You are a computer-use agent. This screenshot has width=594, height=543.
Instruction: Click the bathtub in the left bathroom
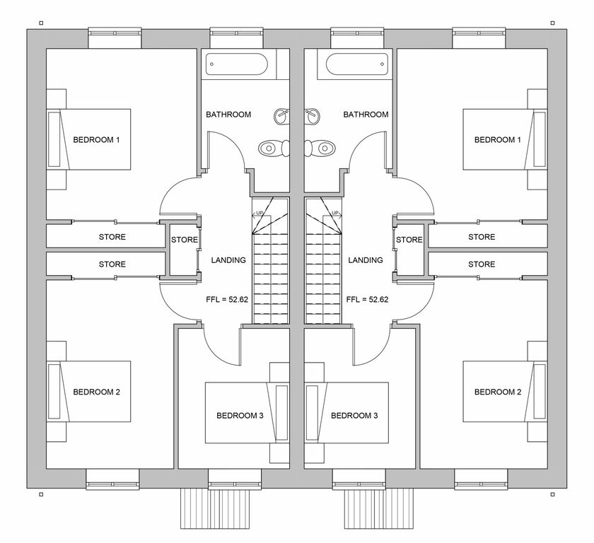tap(237, 64)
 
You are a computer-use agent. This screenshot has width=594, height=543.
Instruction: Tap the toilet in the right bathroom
tap(320, 148)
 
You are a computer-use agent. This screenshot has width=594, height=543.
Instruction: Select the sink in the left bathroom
tap(282, 116)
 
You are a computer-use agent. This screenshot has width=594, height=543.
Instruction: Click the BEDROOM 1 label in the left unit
tap(96, 140)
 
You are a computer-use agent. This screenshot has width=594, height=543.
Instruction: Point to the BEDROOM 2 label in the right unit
tap(498, 392)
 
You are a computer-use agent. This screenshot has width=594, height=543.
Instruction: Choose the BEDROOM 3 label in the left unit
tap(240, 416)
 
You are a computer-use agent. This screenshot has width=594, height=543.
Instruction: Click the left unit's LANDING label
tap(228, 260)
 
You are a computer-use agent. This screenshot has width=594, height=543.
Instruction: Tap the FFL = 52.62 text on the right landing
tap(367, 300)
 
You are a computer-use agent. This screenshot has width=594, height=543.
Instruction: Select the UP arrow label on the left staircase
tap(259, 214)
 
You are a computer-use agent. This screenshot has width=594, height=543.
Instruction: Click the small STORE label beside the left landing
tap(185, 240)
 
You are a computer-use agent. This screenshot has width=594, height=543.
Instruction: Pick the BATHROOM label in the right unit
tap(366, 115)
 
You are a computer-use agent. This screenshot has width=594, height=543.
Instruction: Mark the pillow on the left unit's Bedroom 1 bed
tap(54, 139)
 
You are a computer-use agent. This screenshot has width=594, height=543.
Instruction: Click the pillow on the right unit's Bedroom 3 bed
tap(312, 413)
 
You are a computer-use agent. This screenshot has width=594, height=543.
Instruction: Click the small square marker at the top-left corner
tap(41, 23)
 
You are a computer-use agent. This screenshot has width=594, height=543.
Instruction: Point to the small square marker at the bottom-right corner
tap(553, 494)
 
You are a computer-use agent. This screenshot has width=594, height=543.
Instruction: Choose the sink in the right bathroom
tap(312, 116)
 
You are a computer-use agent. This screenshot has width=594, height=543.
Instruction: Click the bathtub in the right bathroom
tap(357, 64)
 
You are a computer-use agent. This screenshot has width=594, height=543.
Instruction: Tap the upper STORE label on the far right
tap(482, 237)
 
